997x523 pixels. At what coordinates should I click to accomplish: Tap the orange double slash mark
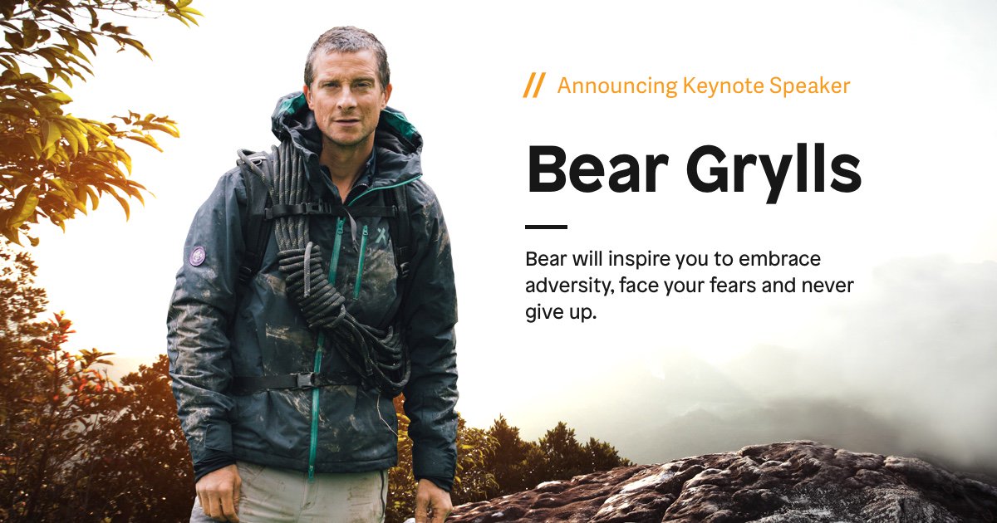pyautogui.click(x=534, y=85)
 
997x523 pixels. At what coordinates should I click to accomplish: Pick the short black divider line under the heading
pyautogui.click(x=546, y=227)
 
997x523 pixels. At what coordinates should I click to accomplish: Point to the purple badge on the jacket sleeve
pyautogui.click(x=198, y=256)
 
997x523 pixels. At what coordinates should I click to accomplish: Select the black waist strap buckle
pyautogui.click(x=306, y=380)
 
